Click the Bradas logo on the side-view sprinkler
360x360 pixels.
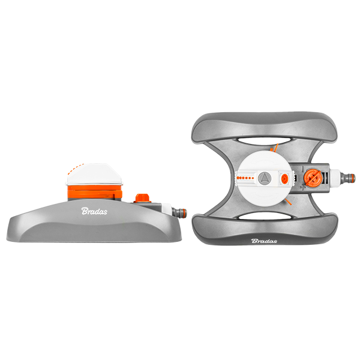point(94,211)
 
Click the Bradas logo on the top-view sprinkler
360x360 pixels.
point(264,241)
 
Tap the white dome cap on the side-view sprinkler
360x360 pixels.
point(94,174)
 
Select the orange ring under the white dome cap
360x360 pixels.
point(95,192)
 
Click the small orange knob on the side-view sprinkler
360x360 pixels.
point(142,198)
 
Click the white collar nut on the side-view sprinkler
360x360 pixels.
point(166,209)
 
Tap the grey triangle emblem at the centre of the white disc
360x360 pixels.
point(265,178)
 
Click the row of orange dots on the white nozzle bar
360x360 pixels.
point(245,178)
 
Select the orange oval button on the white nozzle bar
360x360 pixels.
point(284,178)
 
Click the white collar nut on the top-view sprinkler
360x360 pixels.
point(335,178)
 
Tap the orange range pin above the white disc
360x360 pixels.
point(275,148)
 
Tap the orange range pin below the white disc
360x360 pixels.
point(287,202)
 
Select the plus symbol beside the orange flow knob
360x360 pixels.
point(303,187)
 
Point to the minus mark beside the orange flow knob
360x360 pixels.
point(303,168)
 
